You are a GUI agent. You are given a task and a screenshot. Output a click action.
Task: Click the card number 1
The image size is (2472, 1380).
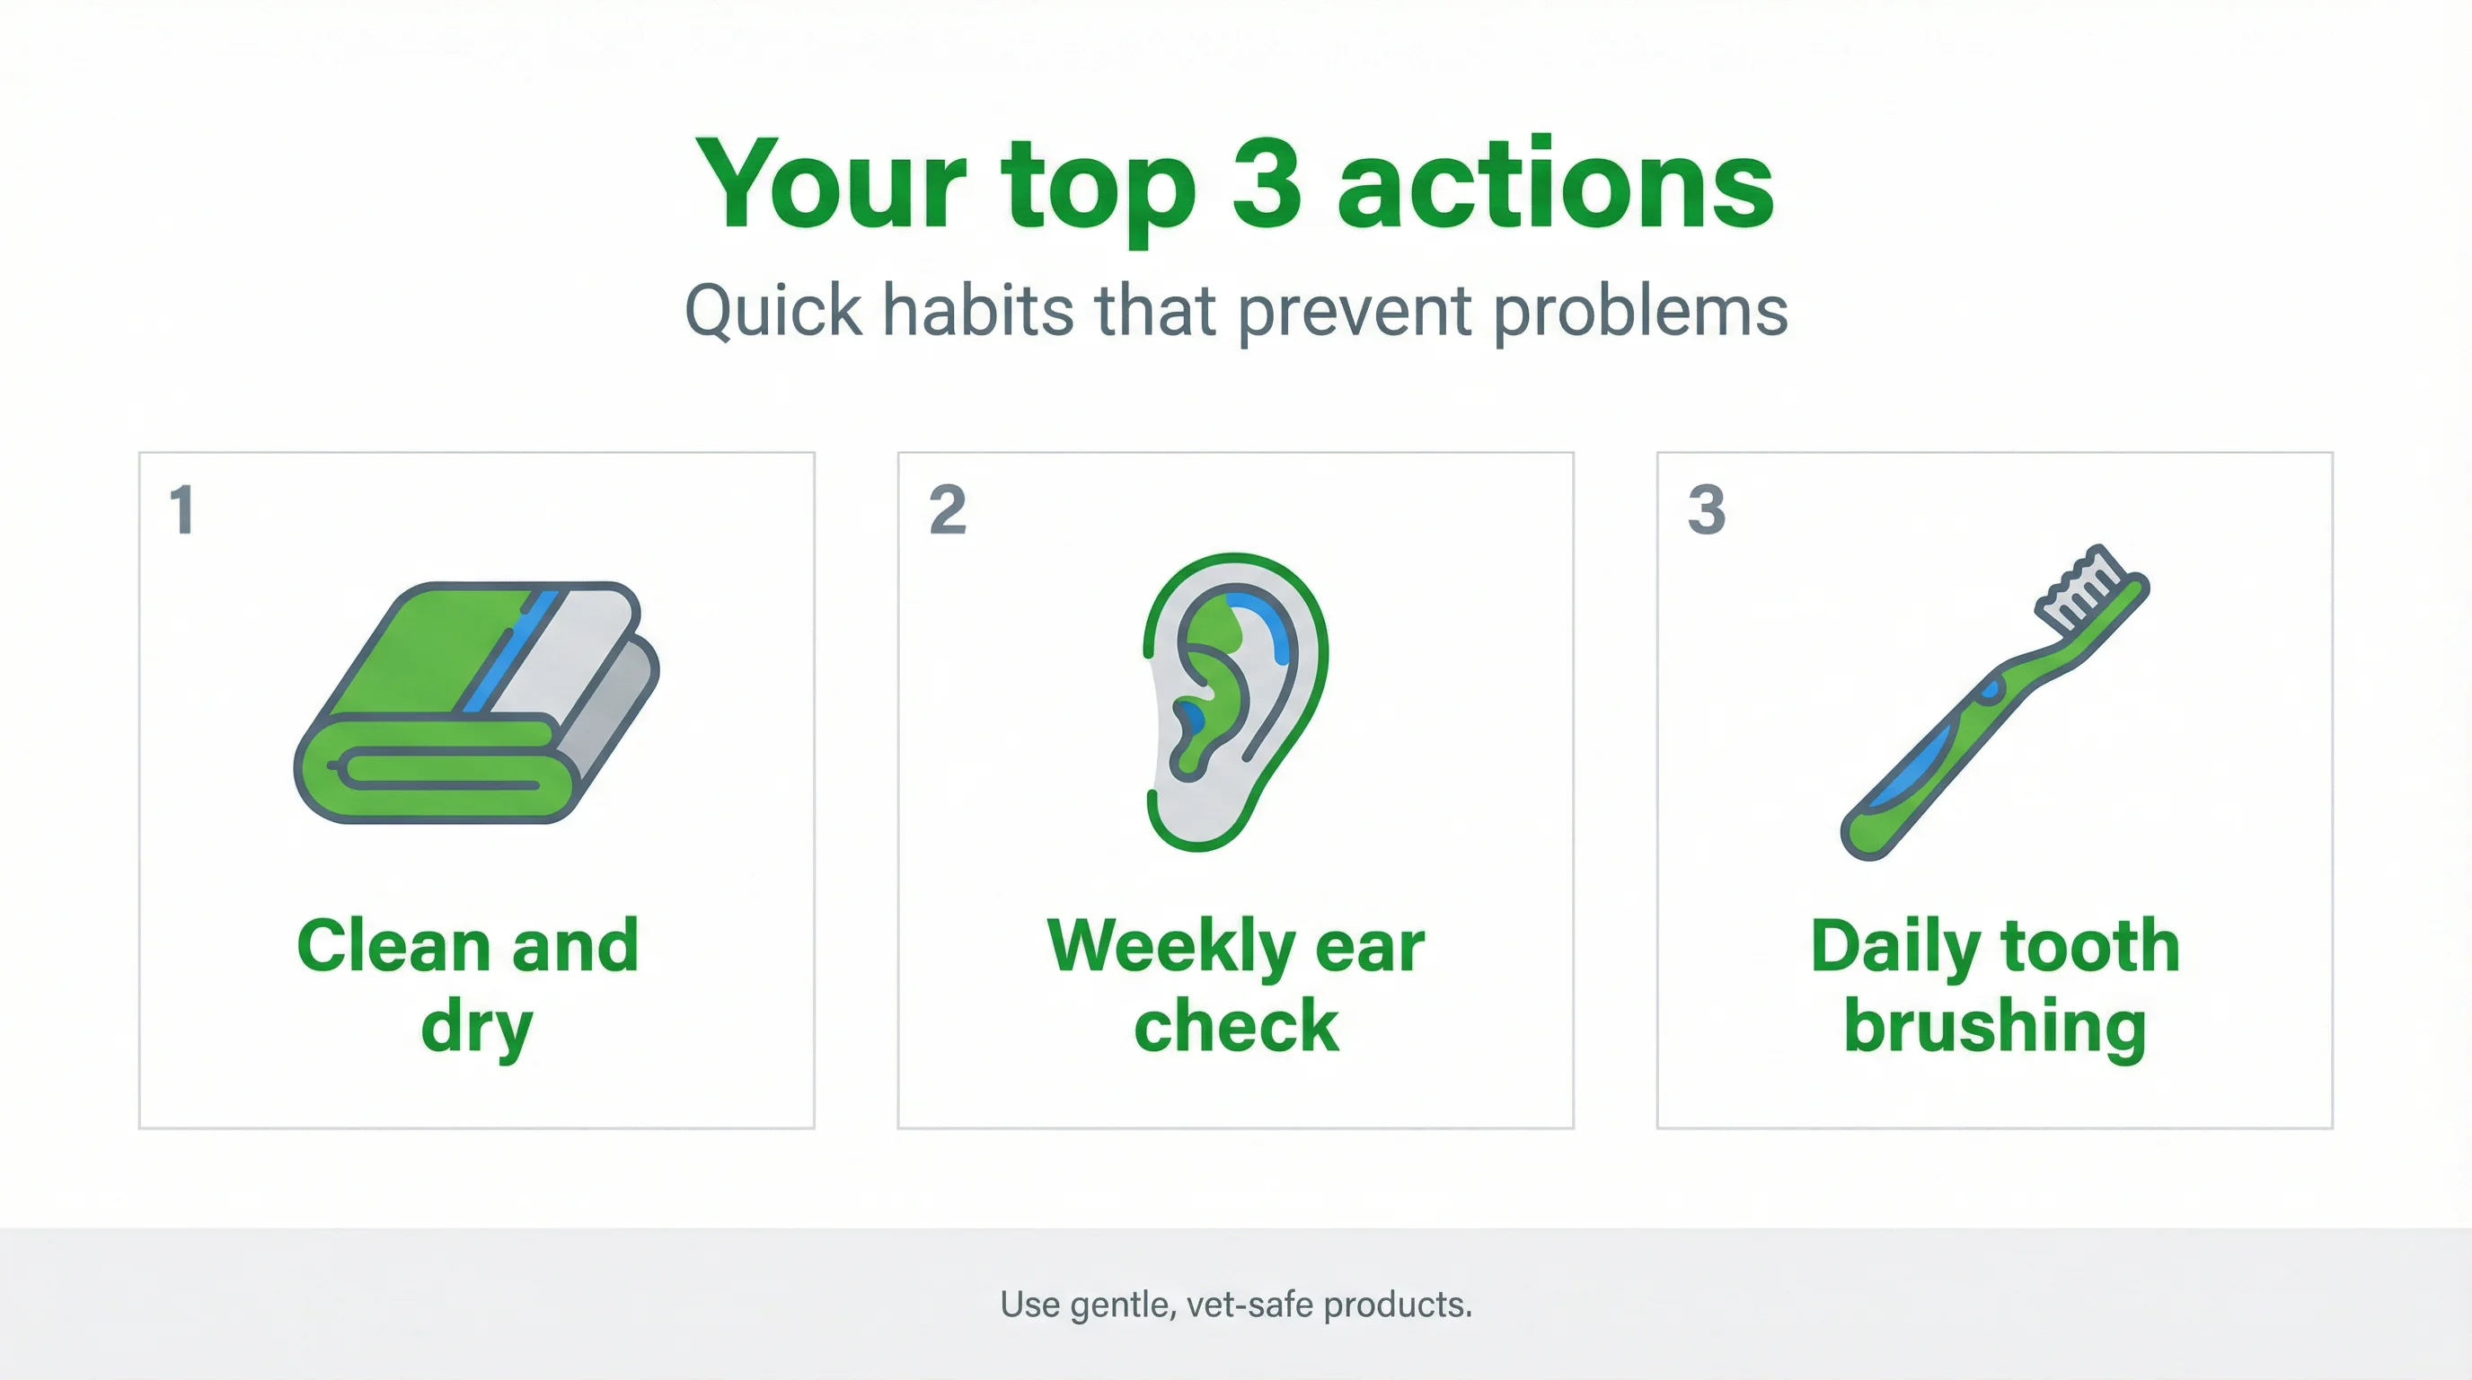(x=181, y=509)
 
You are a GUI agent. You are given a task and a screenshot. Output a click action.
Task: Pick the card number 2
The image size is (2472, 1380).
(x=947, y=509)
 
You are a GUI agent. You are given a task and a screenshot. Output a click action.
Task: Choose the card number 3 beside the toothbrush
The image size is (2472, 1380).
(x=1706, y=509)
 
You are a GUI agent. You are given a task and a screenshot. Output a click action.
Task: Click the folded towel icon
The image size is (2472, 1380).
(x=477, y=703)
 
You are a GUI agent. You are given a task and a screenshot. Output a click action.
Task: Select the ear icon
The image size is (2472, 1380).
(x=1236, y=701)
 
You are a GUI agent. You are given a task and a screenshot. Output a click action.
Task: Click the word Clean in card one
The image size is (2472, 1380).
(x=393, y=946)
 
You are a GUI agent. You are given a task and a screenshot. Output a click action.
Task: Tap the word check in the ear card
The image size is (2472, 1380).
(x=1236, y=1027)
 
